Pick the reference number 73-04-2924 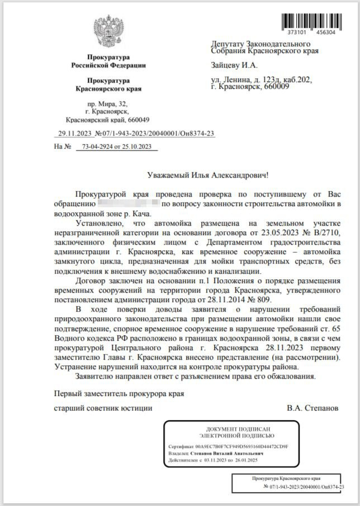click(99, 147)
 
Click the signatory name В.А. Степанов click(312, 408)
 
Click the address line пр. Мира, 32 click(108, 104)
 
